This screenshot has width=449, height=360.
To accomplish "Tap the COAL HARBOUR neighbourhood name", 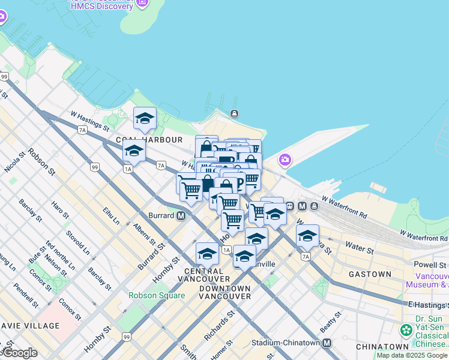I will (x=149, y=140).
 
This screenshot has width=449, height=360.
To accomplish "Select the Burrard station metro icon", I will (x=181, y=215).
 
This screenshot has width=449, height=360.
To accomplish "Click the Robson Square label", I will (x=148, y=295).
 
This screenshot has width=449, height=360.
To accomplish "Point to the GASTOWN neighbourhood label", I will (x=370, y=274).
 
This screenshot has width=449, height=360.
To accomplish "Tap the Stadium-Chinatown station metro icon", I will (x=327, y=343).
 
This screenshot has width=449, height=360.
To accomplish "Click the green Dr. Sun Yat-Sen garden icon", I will (x=406, y=330).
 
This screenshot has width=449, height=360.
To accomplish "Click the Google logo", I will (x=19, y=352).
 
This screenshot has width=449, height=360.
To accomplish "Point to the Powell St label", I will (x=430, y=265).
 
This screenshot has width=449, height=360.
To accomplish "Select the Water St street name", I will (x=358, y=246).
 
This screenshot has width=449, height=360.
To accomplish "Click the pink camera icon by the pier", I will (x=285, y=160).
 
